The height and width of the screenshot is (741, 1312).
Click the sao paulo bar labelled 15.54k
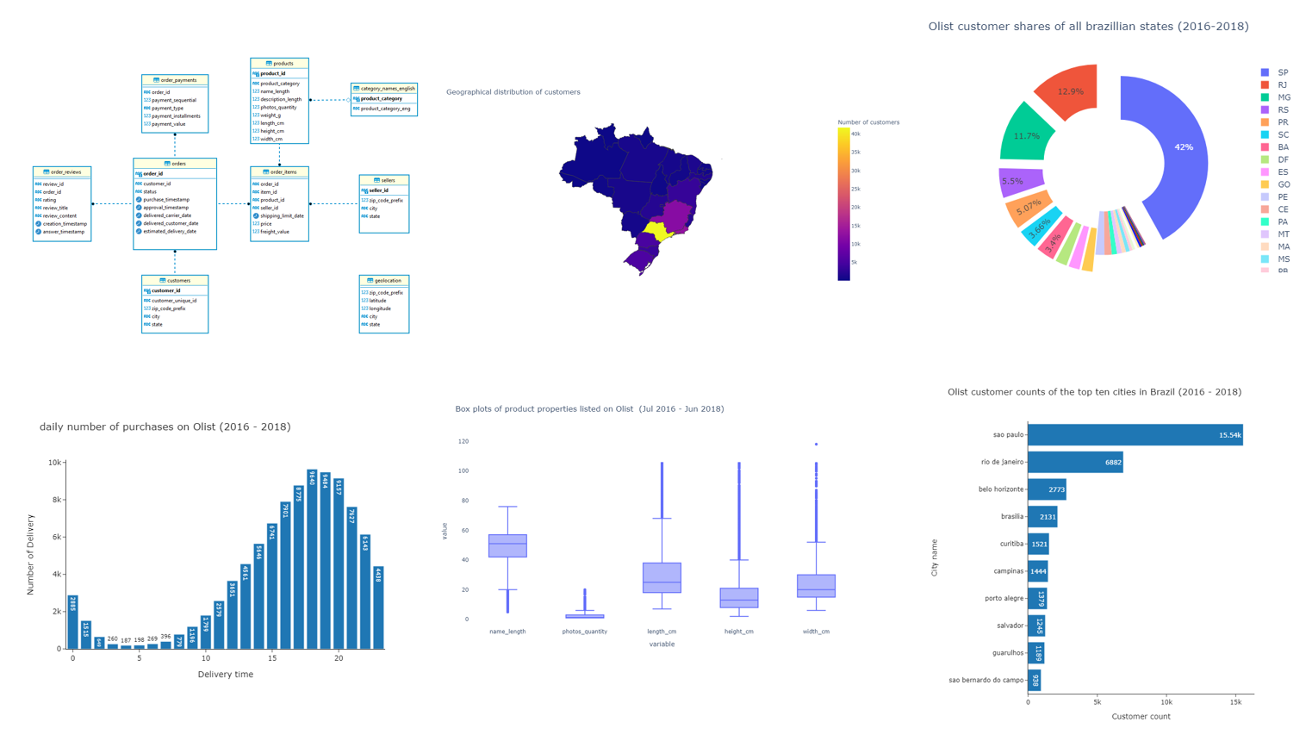1134,435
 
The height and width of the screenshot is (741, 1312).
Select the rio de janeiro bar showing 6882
1074,463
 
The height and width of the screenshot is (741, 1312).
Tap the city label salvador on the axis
1009,626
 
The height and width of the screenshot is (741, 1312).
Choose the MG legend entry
1283,97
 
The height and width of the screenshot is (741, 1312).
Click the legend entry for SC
1283,135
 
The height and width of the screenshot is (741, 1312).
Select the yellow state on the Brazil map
659,231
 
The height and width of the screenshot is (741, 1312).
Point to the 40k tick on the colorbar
855,134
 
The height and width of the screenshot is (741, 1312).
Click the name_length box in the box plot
507,545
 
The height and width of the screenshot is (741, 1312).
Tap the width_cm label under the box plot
816,632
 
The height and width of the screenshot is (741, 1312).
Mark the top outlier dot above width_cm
816,445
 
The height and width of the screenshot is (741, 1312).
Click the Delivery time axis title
225,675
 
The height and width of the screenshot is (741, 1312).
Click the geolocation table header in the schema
384,281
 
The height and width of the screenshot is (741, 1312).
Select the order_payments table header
175,80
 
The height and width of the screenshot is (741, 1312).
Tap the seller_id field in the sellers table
378,190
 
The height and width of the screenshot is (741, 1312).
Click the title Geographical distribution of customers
513,92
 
